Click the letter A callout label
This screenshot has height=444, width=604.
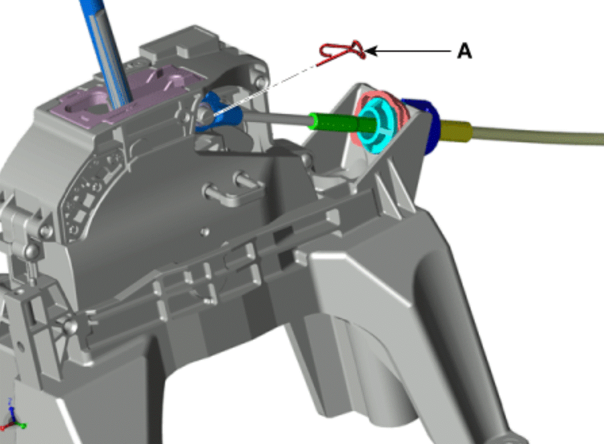[x=465, y=50]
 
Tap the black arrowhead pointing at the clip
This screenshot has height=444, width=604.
[x=370, y=50]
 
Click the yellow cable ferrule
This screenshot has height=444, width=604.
[x=456, y=131]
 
